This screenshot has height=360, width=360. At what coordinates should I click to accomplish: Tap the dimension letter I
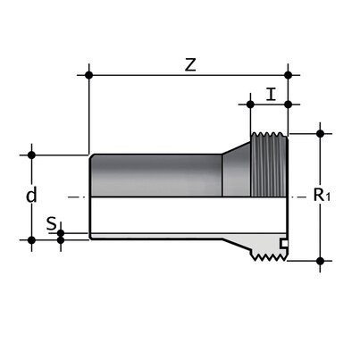pos(270,92)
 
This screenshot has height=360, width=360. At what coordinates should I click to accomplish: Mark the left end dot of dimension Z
pos(89,75)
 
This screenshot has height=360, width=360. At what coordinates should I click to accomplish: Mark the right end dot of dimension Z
pos(289,75)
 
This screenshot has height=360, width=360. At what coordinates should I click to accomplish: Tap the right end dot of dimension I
pos(289,104)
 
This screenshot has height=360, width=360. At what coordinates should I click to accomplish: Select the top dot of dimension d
pos(32,154)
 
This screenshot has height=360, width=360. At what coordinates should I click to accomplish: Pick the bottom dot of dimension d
pos(32,239)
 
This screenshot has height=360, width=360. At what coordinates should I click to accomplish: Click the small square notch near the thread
pos(283,243)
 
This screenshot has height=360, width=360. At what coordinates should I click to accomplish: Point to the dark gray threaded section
pos(267,166)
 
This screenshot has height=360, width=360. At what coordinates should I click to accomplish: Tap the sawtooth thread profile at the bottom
pos(268,258)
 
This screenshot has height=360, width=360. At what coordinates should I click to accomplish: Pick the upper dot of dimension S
pos(61,234)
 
